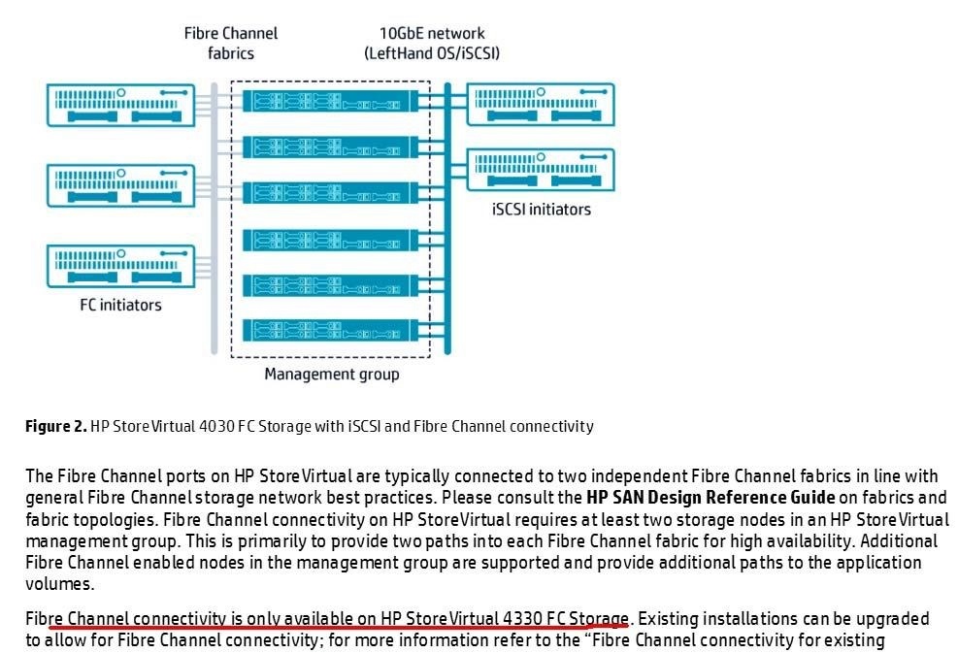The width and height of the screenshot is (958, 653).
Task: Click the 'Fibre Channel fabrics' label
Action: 231,43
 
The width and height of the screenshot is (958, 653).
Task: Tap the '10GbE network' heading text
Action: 432,33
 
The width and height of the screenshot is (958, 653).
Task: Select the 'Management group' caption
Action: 332,374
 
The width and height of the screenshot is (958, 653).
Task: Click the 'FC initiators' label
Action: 121,305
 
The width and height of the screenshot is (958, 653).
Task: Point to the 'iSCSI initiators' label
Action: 542,210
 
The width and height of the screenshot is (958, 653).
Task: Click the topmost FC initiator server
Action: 121,105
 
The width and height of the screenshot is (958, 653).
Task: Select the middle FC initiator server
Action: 121,185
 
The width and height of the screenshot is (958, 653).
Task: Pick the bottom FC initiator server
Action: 121,266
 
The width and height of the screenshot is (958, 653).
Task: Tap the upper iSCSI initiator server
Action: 541,105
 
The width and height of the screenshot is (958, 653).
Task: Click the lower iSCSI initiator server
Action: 541,170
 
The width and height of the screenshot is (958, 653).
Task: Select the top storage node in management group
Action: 331,101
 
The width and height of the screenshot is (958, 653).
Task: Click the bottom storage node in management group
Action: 331,331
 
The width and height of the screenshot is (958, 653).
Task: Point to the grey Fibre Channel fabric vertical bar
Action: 215,218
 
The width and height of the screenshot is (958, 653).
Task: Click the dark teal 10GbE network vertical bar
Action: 447,218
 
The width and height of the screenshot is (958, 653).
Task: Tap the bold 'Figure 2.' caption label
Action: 56,426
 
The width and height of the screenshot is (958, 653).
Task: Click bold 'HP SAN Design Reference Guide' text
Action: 710,497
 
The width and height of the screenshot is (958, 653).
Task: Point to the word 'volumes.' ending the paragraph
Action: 60,584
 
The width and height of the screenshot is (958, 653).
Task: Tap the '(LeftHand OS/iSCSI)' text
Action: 432,53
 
